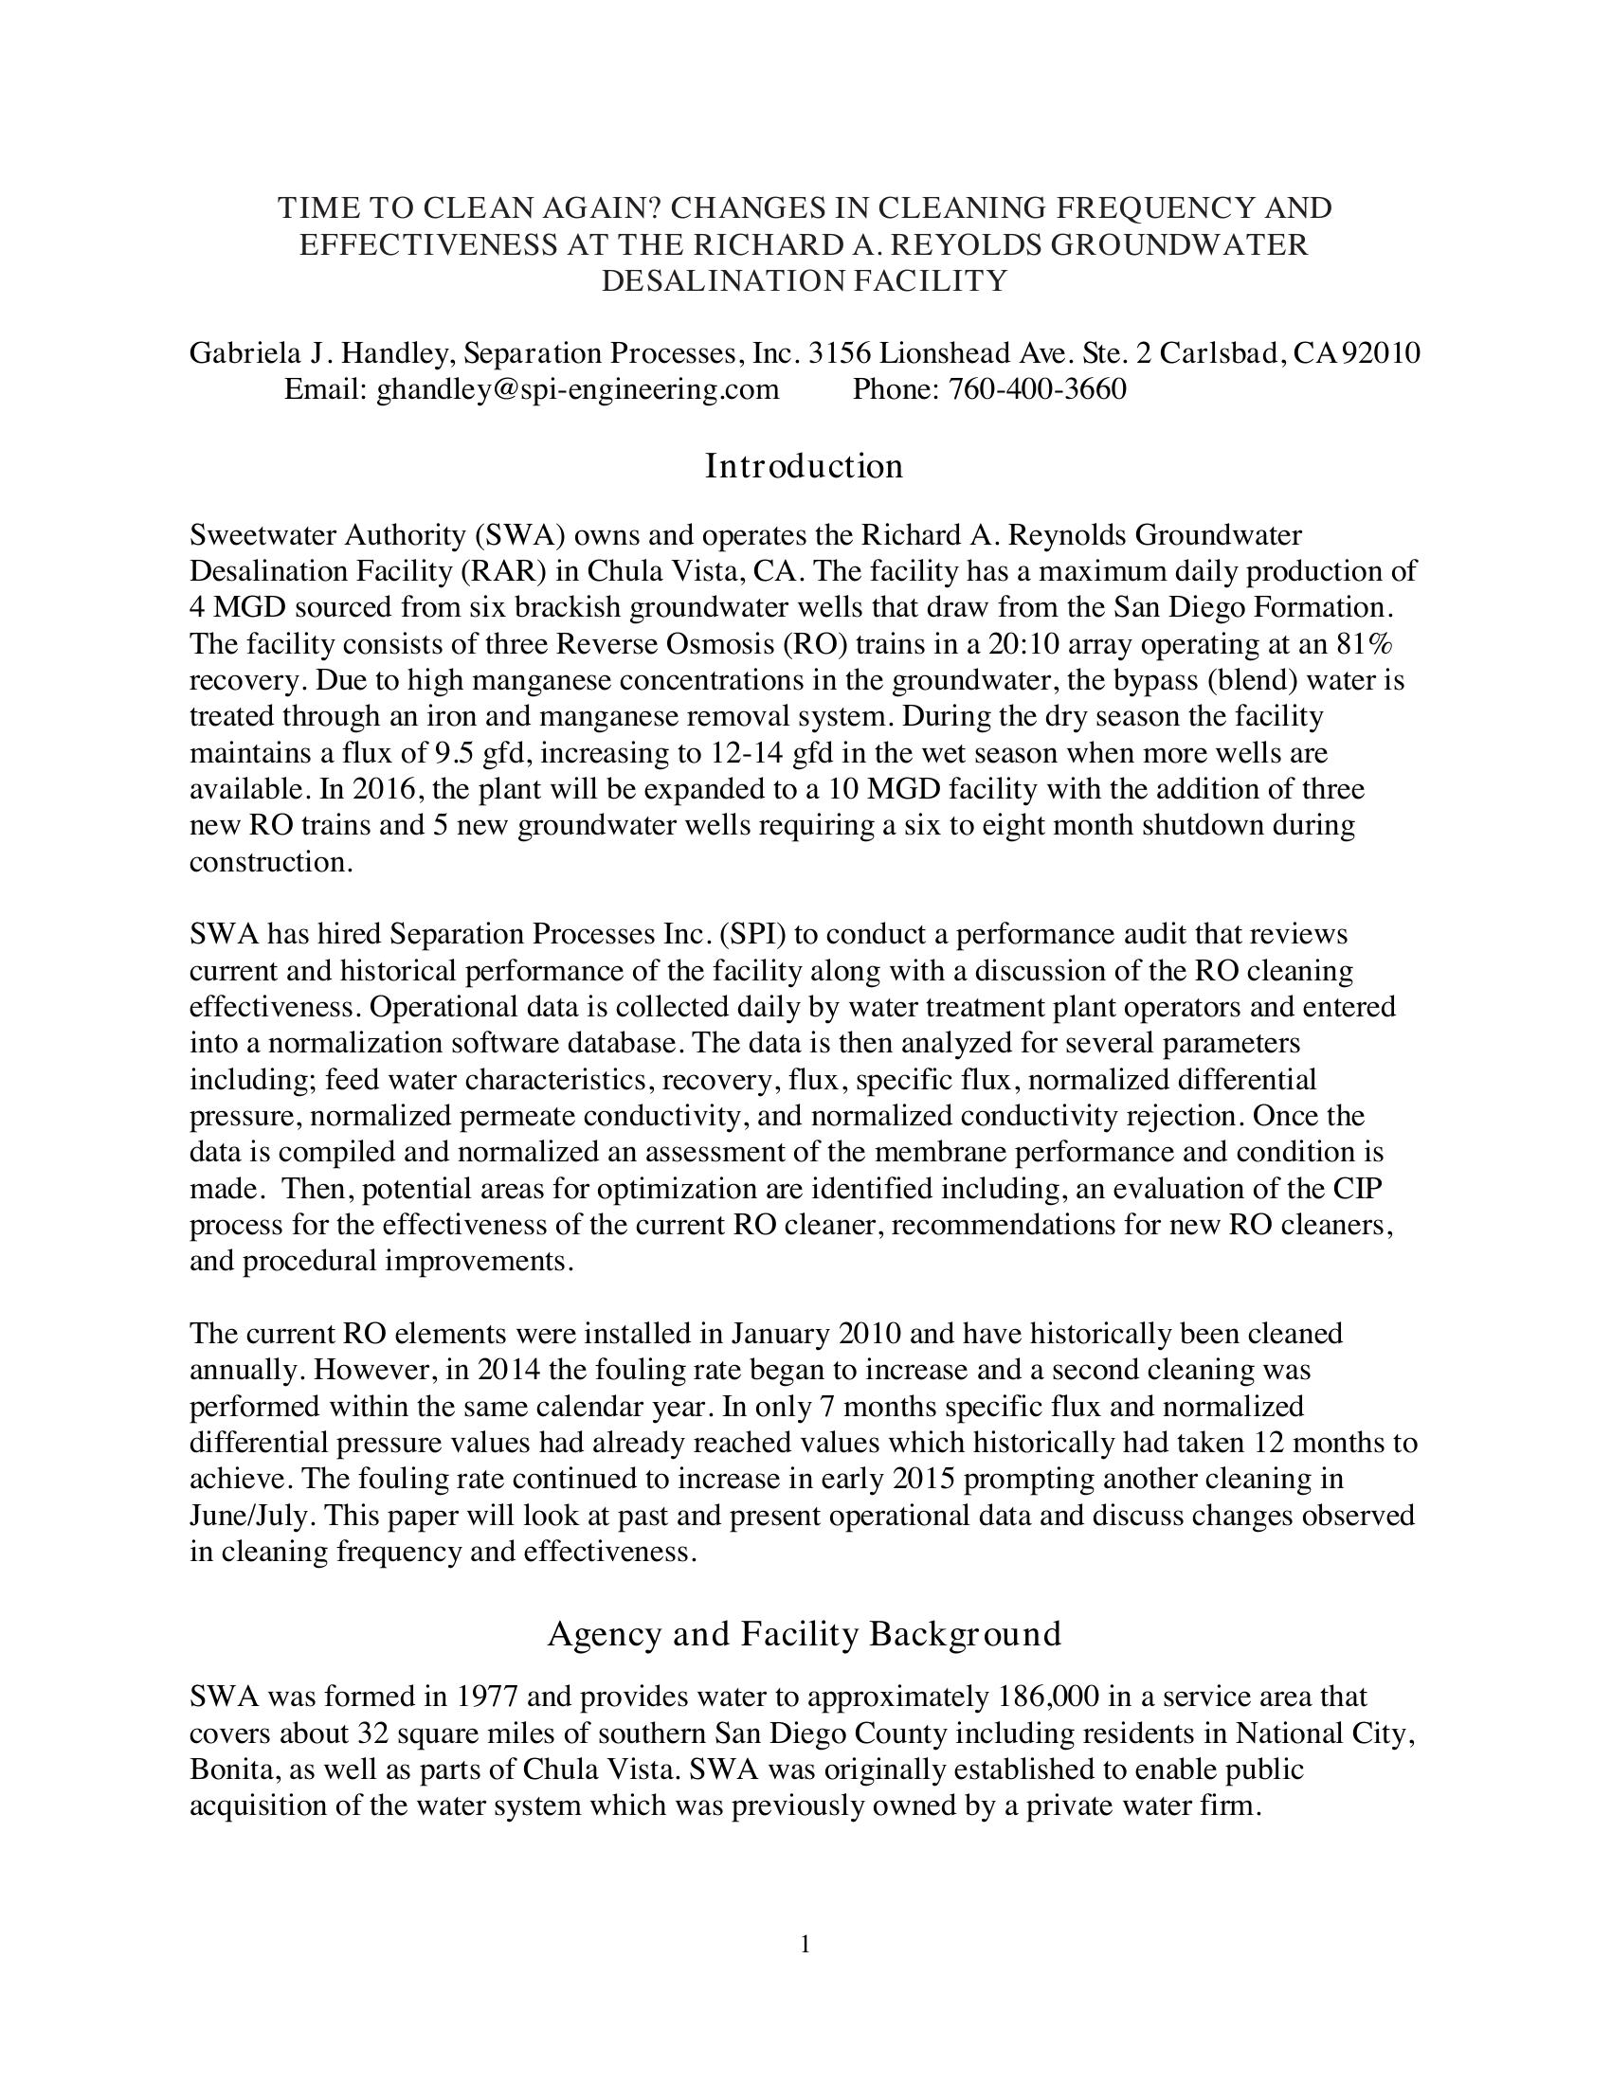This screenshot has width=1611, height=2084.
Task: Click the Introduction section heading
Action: click(x=804, y=467)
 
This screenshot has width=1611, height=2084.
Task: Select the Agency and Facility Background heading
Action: click(x=804, y=1635)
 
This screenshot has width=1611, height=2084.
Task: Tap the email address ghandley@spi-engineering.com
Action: click(x=577, y=389)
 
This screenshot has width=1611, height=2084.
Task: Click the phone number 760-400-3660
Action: click(x=1037, y=389)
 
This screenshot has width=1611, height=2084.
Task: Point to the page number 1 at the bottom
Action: click(x=805, y=1944)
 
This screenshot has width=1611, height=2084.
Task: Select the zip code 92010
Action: click(x=1381, y=353)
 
